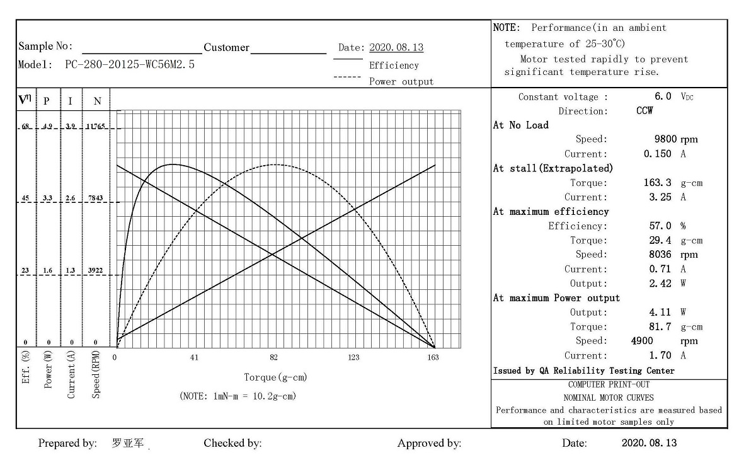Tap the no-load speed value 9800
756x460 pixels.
[667, 139]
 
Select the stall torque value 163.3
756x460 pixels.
[657, 183]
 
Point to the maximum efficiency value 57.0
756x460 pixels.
[660, 226]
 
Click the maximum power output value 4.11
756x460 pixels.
[660, 312]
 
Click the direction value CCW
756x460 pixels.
[644, 111]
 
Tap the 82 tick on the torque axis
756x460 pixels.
[273, 358]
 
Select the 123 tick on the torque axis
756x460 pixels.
[353, 358]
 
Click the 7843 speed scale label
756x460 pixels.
[96, 198]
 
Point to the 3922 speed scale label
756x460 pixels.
[96, 271]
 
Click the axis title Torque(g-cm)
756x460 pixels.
[275, 377]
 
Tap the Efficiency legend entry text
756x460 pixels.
[394, 66]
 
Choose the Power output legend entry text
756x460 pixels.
[401, 81]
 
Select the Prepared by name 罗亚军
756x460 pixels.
[128, 443]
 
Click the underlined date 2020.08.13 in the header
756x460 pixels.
[396, 48]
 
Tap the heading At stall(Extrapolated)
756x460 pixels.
[553, 168]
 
